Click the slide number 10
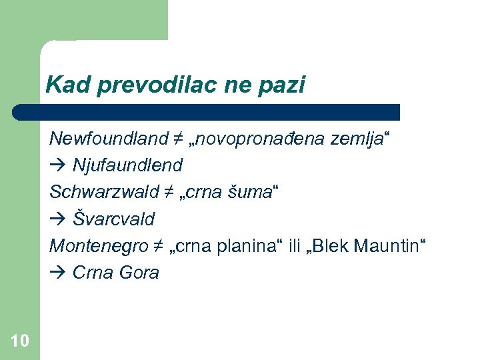[20, 341]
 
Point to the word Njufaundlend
[127, 165]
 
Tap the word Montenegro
[95, 245]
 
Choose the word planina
[251, 245]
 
